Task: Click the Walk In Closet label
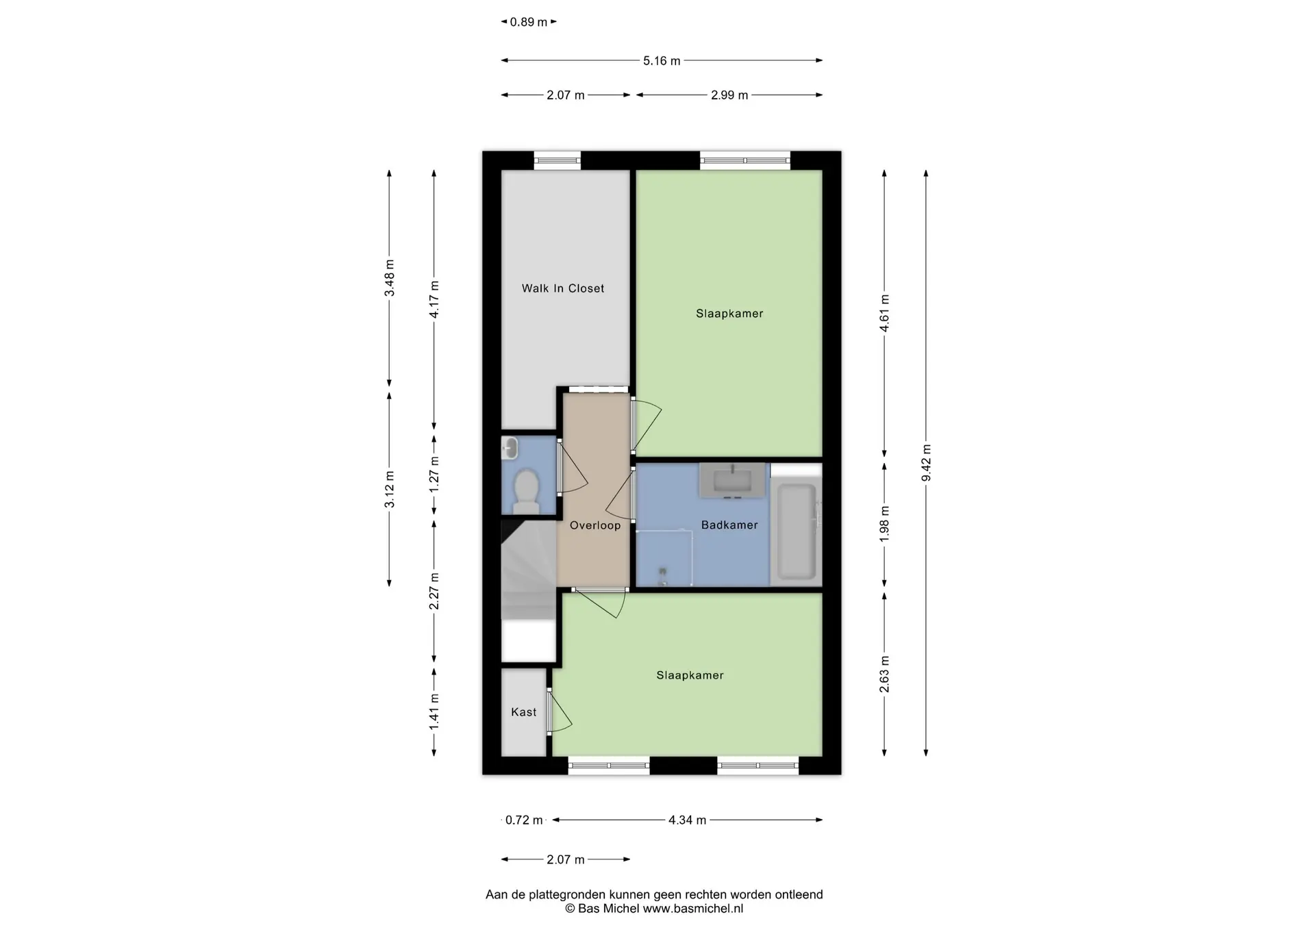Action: click(x=563, y=288)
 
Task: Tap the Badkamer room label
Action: click(x=729, y=525)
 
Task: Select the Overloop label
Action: click(x=595, y=525)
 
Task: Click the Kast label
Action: click(x=524, y=712)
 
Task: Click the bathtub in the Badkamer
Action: click(x=796, y=531)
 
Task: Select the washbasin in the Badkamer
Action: click(x=732, y=480)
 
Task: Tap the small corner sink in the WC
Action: click(x=510, y=448)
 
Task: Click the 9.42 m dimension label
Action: click(x=926, y=463)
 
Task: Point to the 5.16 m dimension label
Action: click(x=662, y=61)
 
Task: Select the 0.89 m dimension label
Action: click(x=529, y=22)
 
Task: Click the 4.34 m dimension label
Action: click(x=687, y=820)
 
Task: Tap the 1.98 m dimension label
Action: click(x=884, y=525)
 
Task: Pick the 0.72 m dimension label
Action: click(x=524, y=820)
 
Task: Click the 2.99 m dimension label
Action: click(x=729, y=95)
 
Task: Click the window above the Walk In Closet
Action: click(x=558, y=160)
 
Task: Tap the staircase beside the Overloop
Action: click(x=528, y=572)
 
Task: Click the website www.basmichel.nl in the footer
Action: click(x=692, y=909)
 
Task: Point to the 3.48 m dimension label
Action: click(x=389, y=278)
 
